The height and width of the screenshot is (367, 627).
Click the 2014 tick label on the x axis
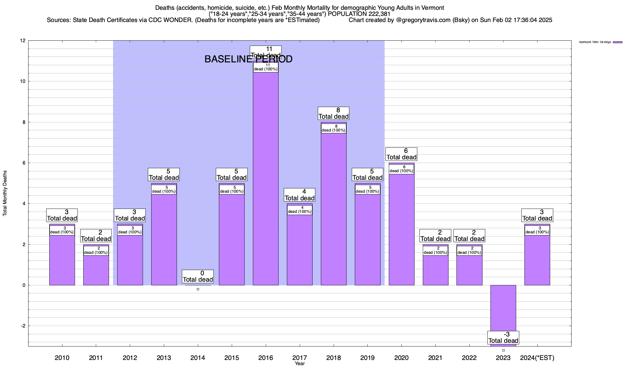point(198,358)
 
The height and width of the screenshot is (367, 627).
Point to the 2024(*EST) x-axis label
point(537,358)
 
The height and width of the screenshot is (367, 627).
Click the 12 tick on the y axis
point(23,41)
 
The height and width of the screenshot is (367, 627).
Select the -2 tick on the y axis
point(23,326)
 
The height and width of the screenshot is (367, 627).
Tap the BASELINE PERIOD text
point(248,59)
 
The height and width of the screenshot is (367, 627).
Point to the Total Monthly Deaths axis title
point(5,193)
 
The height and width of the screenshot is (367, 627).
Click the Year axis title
point(300,364)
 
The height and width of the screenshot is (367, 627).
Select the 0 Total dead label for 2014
point(198,276)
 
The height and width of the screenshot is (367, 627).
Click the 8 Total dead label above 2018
point(333,113)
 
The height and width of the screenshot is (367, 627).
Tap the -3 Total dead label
point(503,338)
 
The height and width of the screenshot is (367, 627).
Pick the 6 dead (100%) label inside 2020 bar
point(401,169)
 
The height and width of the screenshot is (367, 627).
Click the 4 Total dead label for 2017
point(299,195)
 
